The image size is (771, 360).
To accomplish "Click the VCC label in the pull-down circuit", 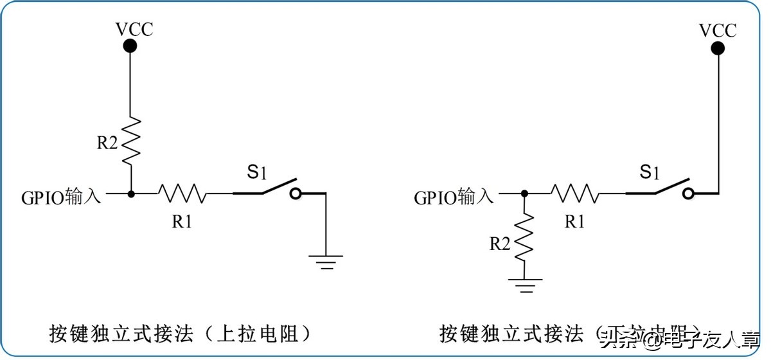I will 718,30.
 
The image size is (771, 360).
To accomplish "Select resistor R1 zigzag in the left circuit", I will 182,193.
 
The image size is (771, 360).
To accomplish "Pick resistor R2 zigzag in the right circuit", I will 525,237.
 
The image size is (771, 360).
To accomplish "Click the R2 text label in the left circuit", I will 108,143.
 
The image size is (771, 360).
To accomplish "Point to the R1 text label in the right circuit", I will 574,222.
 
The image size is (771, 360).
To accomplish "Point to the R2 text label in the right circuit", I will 501,244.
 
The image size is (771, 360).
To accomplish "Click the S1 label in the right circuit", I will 650,172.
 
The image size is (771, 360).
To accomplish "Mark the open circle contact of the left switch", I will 296,194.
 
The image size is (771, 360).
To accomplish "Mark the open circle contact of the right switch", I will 689,194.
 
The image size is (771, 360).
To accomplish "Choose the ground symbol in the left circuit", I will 326,261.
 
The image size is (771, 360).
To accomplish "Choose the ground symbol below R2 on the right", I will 525,285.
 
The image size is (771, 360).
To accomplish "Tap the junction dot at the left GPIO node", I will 131,193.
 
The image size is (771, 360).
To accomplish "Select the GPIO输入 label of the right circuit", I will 454,197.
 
